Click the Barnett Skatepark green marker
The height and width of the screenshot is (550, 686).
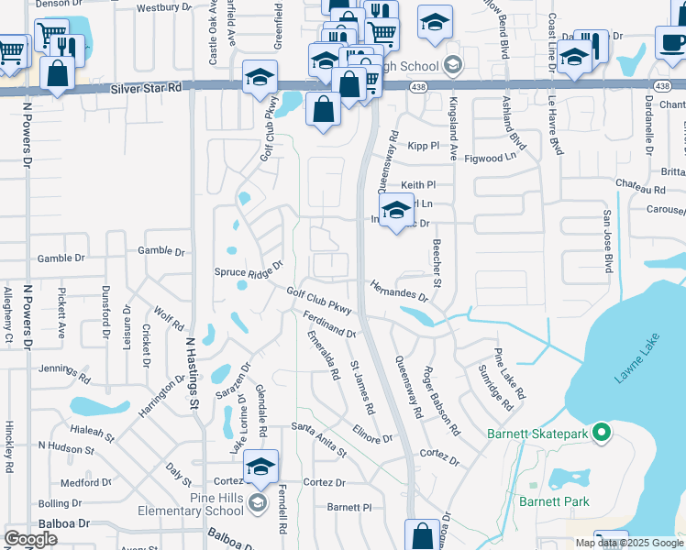[x=602, y=431]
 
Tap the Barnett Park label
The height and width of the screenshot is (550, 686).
[x=554, y=501]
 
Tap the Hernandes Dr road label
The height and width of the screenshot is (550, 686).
[x=399, y=291]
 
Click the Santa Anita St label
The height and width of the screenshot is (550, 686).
[x=319, y=438]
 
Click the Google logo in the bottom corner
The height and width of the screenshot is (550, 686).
[x=30, y=539]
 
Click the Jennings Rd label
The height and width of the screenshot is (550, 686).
[x=64, y=370]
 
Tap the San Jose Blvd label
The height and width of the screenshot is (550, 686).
[x=606, y=241]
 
